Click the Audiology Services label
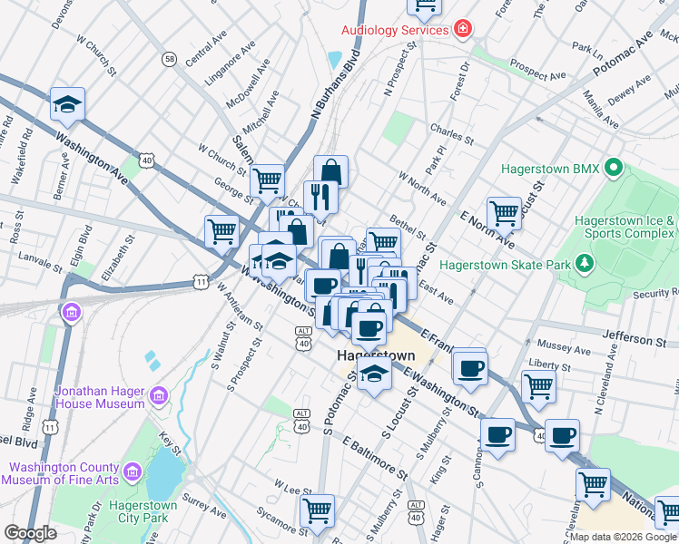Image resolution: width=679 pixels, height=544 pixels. (x=395, y=30)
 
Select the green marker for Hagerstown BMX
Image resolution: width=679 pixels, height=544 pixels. (x=614, y=169)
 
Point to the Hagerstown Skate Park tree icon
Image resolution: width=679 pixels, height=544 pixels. (x=586, y=265)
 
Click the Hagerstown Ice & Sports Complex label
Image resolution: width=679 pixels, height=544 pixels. (x=626, y=227)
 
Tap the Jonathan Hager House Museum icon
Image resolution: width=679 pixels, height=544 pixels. (x=160, y=395)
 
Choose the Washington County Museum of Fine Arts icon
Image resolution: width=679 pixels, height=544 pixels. (x=133, y=471)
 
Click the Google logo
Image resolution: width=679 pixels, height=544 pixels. (x=30, y=533)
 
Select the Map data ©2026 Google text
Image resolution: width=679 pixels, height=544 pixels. (x=623, y=537)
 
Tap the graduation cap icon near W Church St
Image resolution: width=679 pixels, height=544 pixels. (x=67, y=104)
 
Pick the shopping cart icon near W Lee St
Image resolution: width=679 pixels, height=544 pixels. (x=318, y=510)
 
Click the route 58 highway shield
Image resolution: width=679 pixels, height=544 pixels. (x=170, y=59)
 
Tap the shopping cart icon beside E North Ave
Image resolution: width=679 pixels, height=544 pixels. (x=504, y=214)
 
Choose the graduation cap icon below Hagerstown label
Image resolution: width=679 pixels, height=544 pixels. (x=374, y=373)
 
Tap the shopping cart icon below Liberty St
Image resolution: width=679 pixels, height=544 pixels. (x=539, y=385)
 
